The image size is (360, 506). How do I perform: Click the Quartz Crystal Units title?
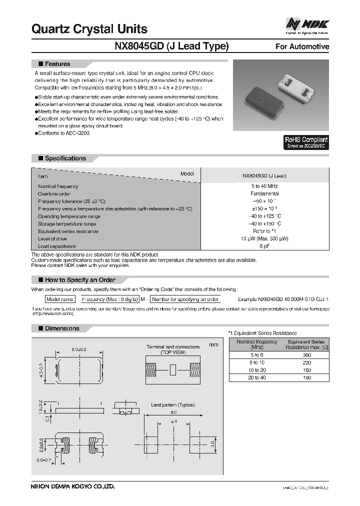[89, 29]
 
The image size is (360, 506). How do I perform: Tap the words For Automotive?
[302, 46]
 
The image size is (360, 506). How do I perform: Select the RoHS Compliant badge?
[306, 142]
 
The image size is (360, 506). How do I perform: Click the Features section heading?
[57, 64]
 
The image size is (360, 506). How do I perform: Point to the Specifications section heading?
[65, 158]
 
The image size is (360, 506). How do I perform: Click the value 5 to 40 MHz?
[264, 186]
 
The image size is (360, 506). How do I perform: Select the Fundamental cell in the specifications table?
[264, 193]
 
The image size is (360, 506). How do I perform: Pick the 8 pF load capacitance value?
[264, 246]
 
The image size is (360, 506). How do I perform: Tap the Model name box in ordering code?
[60, 299]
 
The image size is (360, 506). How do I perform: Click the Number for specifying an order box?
[185, 299]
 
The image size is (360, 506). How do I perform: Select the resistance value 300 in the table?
[307, 354]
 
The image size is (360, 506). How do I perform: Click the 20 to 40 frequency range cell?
[256, 377]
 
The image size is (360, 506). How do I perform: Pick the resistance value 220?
[307, 362]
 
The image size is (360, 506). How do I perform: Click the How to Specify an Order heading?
[80, 279]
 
